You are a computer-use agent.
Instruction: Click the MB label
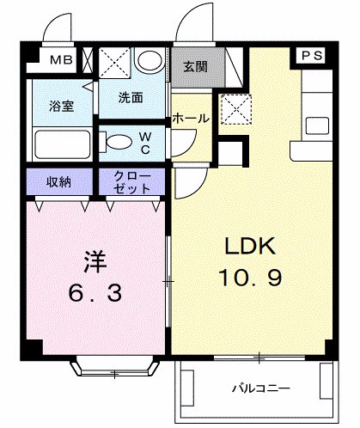[x=61, y=60]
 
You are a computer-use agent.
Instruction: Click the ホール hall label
[x=191, y=118]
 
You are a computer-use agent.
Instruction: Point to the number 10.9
[x=248, y=280]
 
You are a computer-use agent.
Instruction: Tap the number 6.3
[x=95, y=292]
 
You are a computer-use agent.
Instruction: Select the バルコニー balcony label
[x=259, y=386]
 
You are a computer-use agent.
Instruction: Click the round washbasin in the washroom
[x=150, y=62]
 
